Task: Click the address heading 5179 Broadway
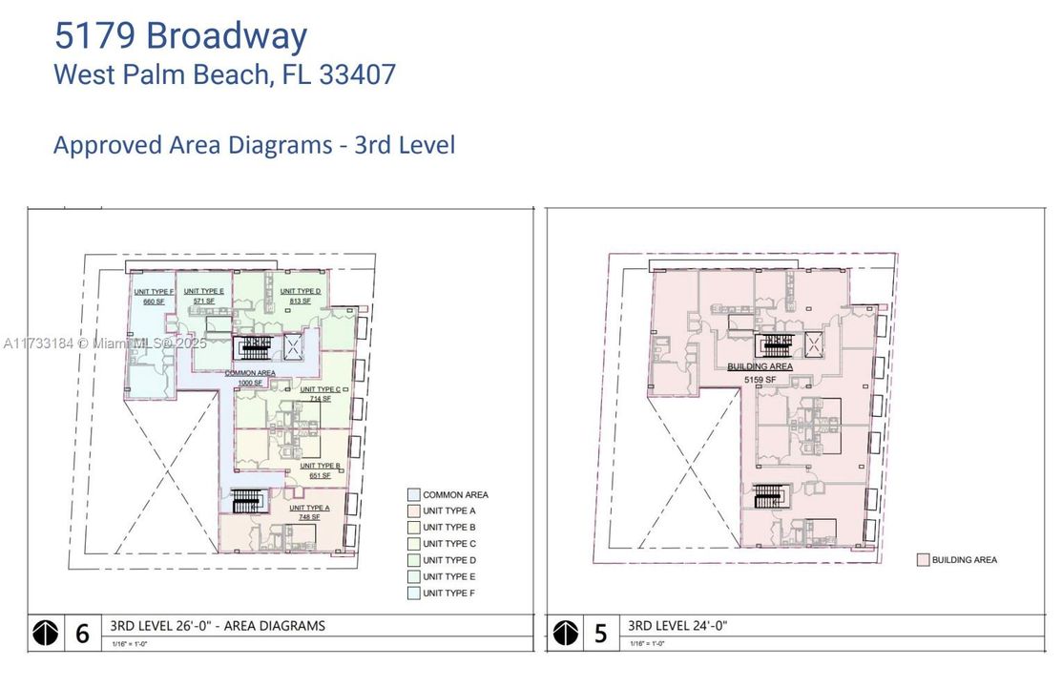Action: tap(180, 35)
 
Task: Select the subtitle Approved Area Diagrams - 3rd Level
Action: tap(254, 145)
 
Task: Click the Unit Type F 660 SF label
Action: tap(154, 297)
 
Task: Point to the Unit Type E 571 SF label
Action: tap(204, 296)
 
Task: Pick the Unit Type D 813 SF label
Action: tap(300, 296)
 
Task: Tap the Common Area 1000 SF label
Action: tap(250, 377)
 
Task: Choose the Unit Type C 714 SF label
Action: tap(320, 394)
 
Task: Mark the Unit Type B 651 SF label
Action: tap(321, 470)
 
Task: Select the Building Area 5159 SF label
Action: tap(760, 373)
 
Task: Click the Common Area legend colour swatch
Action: tap(412, 494)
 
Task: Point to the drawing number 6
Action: tap(82, 634)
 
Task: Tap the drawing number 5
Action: tap(600, 634)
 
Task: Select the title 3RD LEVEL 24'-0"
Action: tap(677, 626)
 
